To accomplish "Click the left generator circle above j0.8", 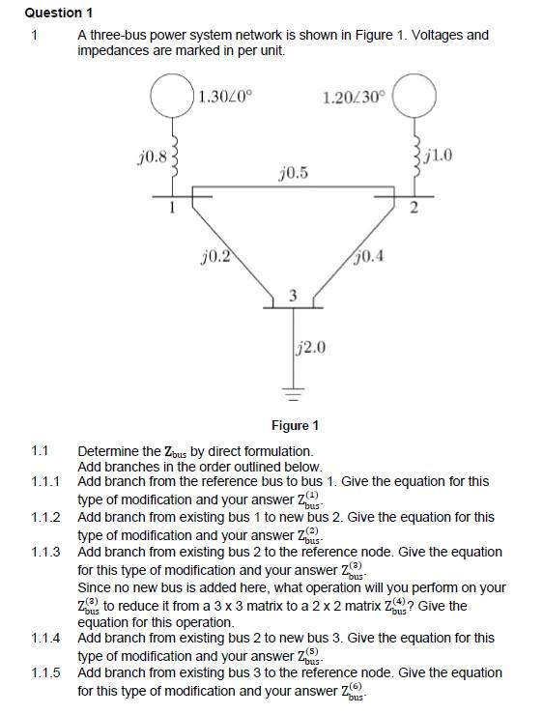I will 173,97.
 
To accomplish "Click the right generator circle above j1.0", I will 414,97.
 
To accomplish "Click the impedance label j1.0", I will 438,155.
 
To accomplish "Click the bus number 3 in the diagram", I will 293,295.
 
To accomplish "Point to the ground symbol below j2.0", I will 293,394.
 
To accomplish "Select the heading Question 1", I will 59,13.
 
